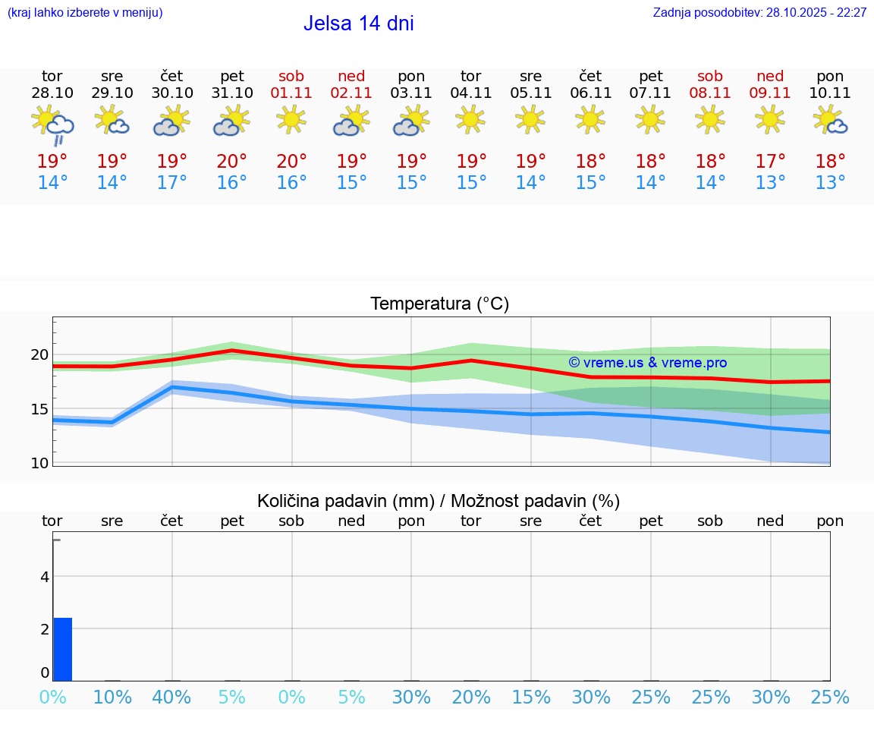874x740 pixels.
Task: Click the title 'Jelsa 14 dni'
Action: (x=358, y=24)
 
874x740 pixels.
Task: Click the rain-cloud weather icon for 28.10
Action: (x=52, y=125)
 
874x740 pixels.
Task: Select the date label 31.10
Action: (x=232, y=93)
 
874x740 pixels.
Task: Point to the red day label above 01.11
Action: (x=291, y=76)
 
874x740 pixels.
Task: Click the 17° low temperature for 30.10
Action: (x=172, y=183)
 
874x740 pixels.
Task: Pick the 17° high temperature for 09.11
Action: (x=771, y=161)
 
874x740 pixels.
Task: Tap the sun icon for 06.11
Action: (x=590, y=120)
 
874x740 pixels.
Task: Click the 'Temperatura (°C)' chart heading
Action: (x=439, y=304)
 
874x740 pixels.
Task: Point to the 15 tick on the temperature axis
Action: (x=39, y=409)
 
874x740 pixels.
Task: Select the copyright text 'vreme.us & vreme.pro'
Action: (x=647, y=363)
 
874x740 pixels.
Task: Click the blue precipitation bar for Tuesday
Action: (x=63, y=650)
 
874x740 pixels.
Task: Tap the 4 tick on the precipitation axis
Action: (x=45, y=577)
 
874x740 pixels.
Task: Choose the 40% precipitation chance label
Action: (x=172, y=697)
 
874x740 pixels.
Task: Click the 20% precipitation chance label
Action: (x=471, y=697)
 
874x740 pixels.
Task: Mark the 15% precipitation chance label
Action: (x=531, y=697)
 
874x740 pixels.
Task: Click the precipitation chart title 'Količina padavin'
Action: (x=439, y=501)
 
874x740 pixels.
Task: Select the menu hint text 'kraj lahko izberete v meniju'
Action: (x=85, y=13)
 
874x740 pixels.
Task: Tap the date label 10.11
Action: (x=830, y=93)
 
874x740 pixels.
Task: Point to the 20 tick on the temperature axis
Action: (x=39, y=354)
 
